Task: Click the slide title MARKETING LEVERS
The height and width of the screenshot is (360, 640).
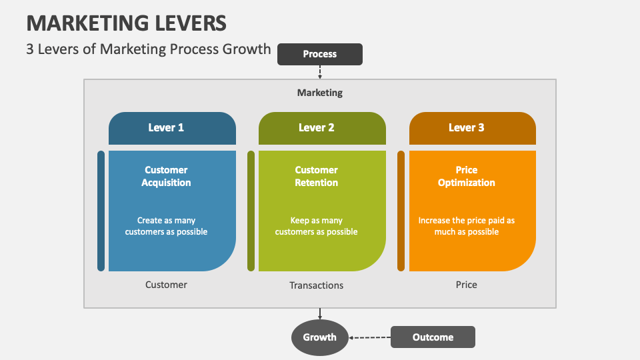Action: pyautogui.click(x=127, y=23)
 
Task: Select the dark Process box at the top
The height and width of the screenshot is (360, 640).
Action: pyautogui.click(x=319, y=54)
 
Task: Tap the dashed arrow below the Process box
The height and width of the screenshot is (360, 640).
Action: pyautogui.click(x=320, y=72)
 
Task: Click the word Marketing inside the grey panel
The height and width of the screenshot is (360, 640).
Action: pyautogui.click(x=320, y=93)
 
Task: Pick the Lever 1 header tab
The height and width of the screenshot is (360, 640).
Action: pyautogui.click(x=172, y=128)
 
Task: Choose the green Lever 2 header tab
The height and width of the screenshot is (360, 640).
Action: pyautogui.click(x=322, y=128)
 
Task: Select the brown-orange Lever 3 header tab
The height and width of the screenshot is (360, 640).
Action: pyautogui.click(x=472, y=128)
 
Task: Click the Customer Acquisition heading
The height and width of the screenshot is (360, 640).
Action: pyautogui.click(x=166, y=176)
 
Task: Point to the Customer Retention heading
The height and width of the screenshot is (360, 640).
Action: pyautogui.click(x=316, y=176)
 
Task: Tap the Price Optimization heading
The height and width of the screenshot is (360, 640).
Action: pyautogui.click(x=467, y=176)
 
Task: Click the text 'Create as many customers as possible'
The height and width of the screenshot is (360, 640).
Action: pyautogui.click(x=166, y=226)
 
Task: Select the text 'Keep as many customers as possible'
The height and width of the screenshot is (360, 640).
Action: pyautogui.click(x=316, y=226)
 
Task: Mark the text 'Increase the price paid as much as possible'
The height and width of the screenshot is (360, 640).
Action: pyautogui.click(x=467, y=226)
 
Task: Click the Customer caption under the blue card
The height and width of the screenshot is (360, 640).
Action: pyautogui.click(x=166, y=285)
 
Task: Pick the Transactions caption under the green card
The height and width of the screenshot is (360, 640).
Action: pyautogui.click(x=316, y=285)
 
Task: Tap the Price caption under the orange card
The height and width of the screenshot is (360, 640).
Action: pyautogui.click(x=467, y=285)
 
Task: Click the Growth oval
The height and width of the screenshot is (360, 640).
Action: pyautogui.click(x=320, y=337)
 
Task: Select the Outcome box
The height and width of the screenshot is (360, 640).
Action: pyautogui.click(x=433, y=337)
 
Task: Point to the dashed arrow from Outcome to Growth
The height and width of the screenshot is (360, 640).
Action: pyautogui.click(x=370, y=337)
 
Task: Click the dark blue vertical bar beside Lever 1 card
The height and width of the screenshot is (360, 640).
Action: pyautogui.click(x=101, y=211)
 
